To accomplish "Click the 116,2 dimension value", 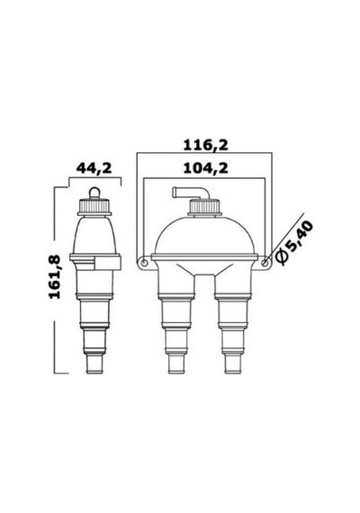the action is tap(205, 145).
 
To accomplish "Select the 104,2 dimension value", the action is tap(205, 168).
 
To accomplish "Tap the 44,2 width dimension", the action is tap(94, 168).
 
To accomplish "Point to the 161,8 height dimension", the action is tap(55, 277).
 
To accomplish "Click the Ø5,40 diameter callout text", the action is tap(294, 241).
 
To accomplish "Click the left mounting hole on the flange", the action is tap(144, 263).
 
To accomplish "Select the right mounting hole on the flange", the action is tap(265, 263).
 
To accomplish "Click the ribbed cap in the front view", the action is tap(205, 208).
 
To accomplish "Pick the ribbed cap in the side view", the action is tap(94, 206).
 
